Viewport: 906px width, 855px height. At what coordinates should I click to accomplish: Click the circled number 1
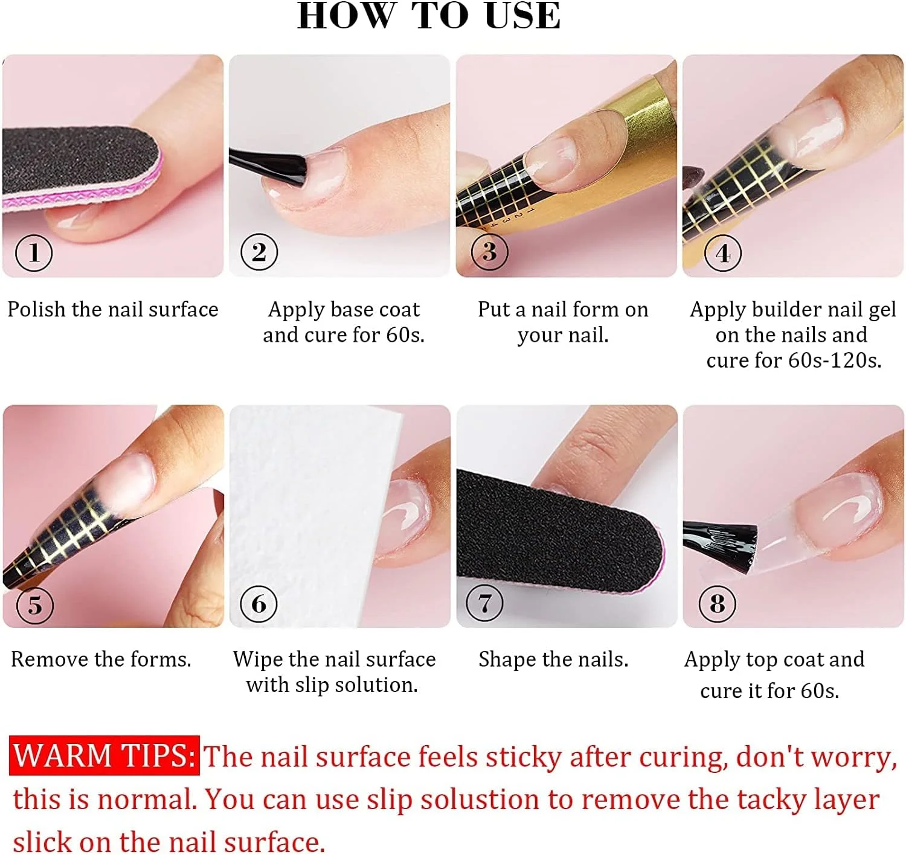pos(34,253)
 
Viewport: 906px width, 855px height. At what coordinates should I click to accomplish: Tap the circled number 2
pos(259,252)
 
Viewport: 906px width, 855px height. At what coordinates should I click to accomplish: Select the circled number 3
pos(489,251)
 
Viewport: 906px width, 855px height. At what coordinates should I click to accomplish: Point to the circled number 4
pos(722,253)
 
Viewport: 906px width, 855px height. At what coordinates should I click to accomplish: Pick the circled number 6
pos(259,604)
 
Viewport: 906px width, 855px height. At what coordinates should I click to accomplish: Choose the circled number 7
pos(484,603)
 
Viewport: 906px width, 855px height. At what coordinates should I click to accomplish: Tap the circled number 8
pos(717,604)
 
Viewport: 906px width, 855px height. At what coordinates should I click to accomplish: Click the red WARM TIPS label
pos(104,755)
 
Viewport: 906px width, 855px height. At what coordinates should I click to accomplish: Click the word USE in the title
pos(522,16)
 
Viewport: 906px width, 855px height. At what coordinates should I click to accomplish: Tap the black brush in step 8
pos(721,546)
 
